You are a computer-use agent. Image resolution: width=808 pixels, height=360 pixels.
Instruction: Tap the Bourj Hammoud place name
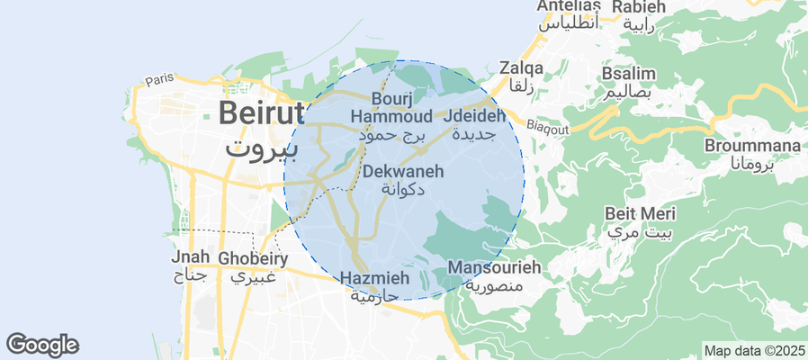[391, 107]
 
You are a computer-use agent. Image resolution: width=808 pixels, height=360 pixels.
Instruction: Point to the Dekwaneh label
[402, 170]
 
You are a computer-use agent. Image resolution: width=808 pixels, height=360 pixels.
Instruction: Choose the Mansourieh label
[494, 267]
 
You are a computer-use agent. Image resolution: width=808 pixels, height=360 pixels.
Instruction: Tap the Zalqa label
[522, 67]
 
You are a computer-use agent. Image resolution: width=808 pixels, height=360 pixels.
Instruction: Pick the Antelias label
[569, 5]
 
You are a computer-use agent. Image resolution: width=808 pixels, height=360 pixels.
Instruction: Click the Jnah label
[190, 258]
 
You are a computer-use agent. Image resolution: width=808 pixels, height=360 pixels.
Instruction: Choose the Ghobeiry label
[253, 259]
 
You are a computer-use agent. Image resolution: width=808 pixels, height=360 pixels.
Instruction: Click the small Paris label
[158, 79]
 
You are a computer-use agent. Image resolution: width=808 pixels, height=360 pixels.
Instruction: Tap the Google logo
[42, 344]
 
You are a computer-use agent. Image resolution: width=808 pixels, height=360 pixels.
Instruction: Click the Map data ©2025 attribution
[753, 350]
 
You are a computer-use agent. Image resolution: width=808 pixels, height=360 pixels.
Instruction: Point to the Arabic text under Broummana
[741, 164]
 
